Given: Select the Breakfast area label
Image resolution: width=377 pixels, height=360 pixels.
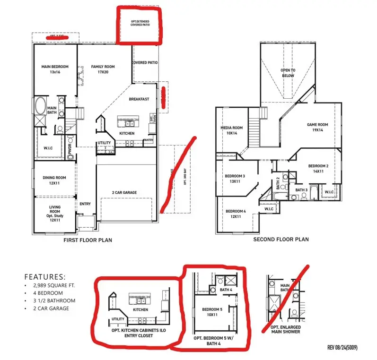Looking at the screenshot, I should [139, 99].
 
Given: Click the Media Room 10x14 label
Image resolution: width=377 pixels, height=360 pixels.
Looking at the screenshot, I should [231, 130].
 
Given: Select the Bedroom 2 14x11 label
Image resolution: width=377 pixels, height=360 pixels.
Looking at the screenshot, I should [318, 169].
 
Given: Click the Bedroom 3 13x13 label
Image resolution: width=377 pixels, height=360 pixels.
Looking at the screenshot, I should [234, 179].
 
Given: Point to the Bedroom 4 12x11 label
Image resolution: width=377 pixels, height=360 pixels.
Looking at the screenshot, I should [236, 214].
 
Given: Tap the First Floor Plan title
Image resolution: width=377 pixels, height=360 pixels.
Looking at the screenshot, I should [88, 240].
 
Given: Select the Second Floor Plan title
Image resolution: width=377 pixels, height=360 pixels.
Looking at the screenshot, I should [281, 240].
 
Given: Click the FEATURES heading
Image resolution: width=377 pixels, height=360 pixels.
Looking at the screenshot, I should [45, 277].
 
